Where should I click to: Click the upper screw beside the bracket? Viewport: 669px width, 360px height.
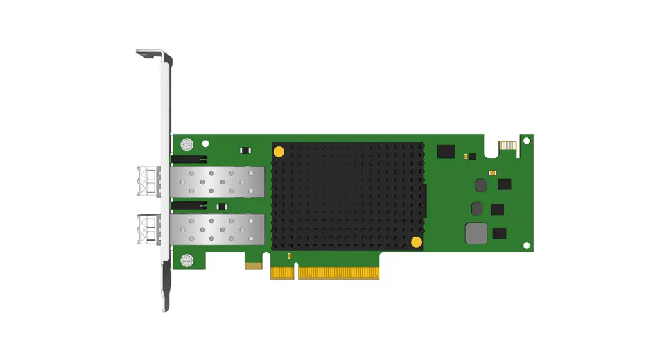[x=187, y=144]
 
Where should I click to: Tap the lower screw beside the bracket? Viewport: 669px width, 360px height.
[x=187, y=261]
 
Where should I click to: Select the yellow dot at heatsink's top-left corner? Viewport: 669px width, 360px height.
[x=279, y=152]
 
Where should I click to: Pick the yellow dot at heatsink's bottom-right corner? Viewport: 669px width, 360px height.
[x=416, y=242]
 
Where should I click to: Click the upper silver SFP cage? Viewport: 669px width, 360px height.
[x=218, y=182]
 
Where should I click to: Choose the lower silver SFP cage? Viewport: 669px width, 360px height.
[x=218, y=229]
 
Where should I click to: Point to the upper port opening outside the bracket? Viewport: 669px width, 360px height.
[x=148, y=181]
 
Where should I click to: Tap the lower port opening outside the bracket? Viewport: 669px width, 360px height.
[x=148, y=229]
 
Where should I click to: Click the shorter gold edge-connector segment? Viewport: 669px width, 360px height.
[x=282, y=273]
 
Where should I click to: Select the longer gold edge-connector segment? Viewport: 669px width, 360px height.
[x=338, y=273]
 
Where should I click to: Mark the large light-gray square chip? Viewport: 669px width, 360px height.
[x=476, y=233]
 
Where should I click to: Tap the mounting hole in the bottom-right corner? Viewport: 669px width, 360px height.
[x=526, y=246]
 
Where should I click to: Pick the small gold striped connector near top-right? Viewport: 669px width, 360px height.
[x=507, y=146]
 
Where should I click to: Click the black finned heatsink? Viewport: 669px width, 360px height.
[x=347, y=196]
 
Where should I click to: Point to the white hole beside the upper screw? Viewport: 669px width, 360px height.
[x=205, y=144]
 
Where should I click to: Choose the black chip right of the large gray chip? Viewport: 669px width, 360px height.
[x=499, y=234]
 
